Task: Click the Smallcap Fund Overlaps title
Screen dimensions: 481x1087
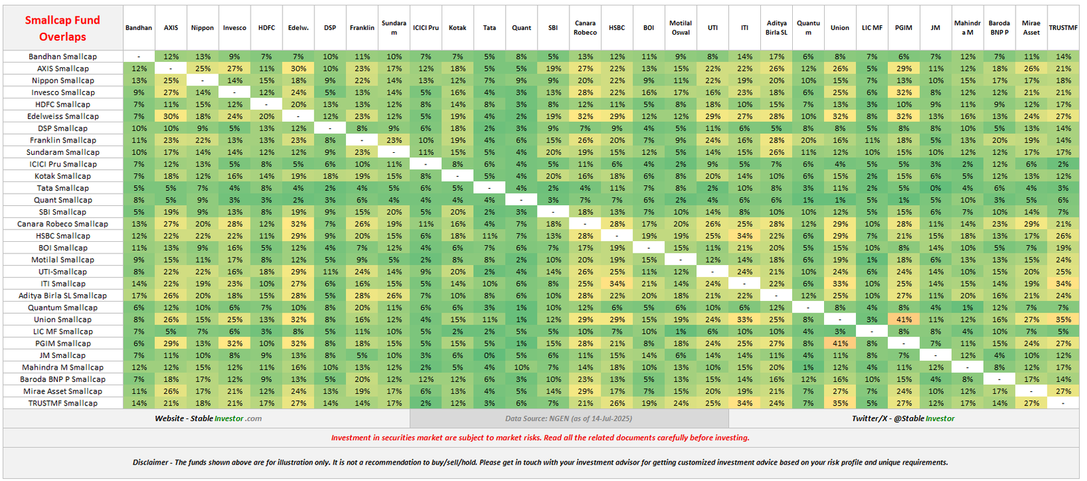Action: point(63,29)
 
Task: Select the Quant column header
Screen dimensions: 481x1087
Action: point(521,28)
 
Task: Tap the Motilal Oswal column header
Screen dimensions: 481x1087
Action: point(680,28)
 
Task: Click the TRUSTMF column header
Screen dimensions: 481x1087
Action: point(1063,28)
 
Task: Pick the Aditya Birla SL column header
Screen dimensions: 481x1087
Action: point(776,28)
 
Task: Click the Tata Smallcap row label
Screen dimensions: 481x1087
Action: point(63,188)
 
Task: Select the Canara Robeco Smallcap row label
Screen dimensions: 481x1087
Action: point(63,224)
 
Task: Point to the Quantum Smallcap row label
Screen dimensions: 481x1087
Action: point(63,308)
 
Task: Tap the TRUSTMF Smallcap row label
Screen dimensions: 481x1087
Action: point(63,404)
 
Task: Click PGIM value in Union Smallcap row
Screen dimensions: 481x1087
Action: point(904,319)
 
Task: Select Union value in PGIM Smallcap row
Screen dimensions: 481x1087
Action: point(840,344)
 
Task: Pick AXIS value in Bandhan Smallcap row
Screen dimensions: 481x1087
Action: point(171,56)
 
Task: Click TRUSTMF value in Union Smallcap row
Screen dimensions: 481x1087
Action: point(1063,319)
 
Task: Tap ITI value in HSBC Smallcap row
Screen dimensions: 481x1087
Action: point(745,236)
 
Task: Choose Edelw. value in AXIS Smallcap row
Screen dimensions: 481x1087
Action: point(298,69)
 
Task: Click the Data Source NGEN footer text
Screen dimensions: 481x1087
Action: point(568,418)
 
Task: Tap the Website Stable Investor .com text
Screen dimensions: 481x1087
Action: point(208,418)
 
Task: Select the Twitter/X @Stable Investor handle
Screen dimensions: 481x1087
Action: point(903,418)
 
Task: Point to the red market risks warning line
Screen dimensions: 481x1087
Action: point(540,438)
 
